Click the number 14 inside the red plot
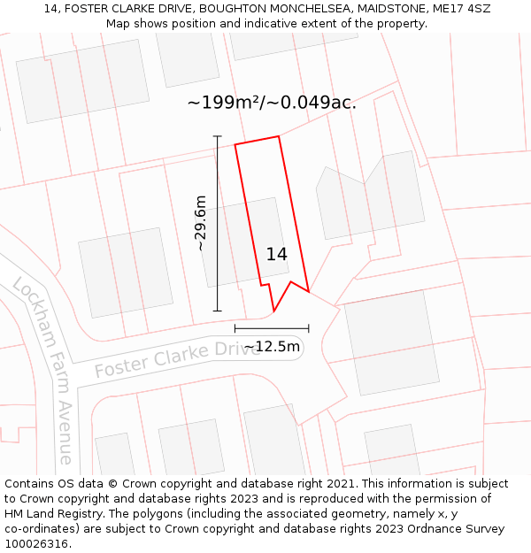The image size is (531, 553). [x=276, y=254]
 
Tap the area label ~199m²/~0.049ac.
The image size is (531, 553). [x=272, y=103]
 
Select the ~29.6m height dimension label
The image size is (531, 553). [x=201, y=223]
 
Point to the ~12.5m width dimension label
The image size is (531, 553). [x=272, y=346]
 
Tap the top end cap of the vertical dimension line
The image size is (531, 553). [x=218, y=136]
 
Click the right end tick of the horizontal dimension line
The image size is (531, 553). [x=308, y=328]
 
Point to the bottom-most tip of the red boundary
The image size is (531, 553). [x=273, y=312]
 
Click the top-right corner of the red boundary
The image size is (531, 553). [x=279, y=136]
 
